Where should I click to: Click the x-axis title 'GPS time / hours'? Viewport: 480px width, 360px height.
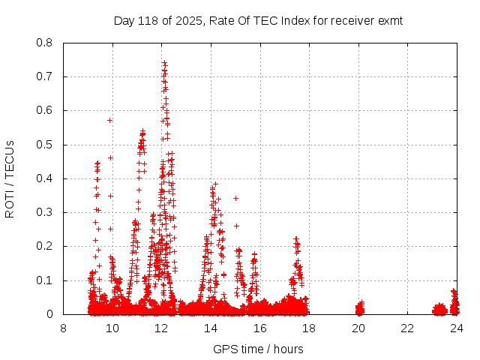click(x=259, y=349)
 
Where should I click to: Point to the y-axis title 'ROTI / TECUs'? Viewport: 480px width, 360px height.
click(x=10, y=178)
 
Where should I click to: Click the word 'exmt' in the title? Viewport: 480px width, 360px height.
click(x=390, y=21)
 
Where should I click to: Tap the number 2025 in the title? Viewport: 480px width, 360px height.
click(x=189, y=21)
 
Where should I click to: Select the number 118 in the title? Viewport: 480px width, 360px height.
click(x=150, y=21)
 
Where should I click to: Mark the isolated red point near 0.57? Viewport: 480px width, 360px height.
click(x=109, y=120)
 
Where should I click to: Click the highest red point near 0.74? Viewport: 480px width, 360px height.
click(x=164, y=62)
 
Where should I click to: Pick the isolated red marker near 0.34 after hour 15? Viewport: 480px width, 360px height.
click(x=235, y=199)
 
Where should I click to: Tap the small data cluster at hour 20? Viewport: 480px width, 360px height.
click(x=359, y=307)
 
